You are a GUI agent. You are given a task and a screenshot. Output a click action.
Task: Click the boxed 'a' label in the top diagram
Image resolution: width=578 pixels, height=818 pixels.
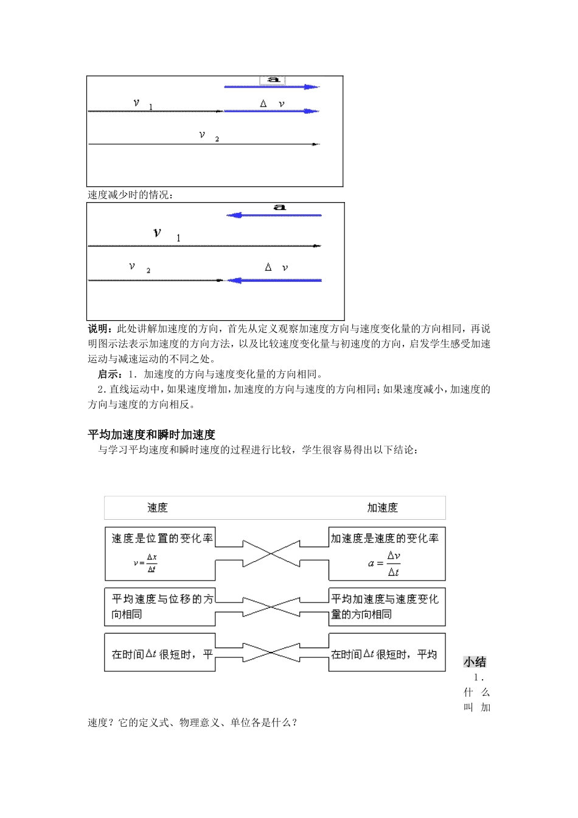[x=273, y=80]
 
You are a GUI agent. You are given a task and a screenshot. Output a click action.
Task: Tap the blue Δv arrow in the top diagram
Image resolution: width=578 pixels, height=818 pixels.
[x=271, y=111]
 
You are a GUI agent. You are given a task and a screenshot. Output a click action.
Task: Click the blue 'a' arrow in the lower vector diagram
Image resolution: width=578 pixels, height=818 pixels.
[x=274, y=215]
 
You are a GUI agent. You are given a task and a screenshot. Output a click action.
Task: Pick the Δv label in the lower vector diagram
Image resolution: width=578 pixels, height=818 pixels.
[x=276, y=267]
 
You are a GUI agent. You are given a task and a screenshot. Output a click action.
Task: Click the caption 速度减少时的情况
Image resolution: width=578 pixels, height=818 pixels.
[x=130, y=195]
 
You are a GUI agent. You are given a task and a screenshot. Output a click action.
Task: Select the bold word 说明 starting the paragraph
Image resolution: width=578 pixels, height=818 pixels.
[x=98, y=329]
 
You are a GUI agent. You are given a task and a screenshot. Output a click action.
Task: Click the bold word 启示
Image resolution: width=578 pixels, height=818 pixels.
[x=108, y=374]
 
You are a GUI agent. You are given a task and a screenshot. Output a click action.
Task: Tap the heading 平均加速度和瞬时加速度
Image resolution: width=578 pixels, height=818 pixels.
[x=151, y=434]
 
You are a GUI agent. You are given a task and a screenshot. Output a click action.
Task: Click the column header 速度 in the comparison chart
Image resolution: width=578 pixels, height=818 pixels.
[x=157, y=508]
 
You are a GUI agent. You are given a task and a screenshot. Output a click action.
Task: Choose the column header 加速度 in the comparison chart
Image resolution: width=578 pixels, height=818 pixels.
[x=382, y=508]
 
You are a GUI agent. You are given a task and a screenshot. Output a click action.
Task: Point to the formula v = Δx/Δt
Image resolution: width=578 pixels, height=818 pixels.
[x=145, y=563]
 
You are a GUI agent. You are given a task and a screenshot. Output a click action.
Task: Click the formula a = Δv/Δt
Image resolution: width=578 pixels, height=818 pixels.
[x=385, y=564]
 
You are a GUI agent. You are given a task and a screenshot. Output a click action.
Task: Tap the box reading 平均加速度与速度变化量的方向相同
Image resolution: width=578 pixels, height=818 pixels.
[x=387, y=607]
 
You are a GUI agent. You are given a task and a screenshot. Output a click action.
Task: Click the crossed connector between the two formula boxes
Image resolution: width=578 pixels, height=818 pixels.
[x=272, y=553]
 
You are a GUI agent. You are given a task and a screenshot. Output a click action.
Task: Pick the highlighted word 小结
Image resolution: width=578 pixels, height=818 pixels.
[x=475, y=662]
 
